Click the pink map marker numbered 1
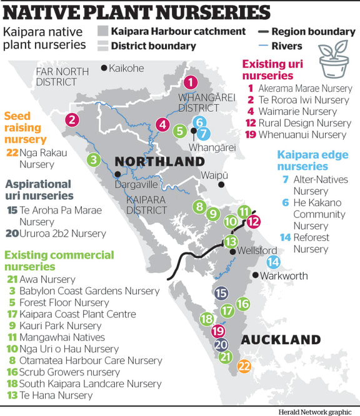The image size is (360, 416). pos(191,82)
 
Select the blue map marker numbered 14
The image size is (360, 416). pos(274,262)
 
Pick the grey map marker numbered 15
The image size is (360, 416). pos(221,293)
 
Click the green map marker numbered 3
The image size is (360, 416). pos(94,159)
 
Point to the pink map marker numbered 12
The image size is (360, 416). pos(253,220)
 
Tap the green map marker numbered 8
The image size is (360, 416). pos(200,207)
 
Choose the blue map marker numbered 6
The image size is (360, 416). pos(199,122)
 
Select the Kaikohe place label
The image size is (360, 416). pos(126,68)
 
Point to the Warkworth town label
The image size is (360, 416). pos(281,275)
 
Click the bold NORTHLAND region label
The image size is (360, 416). pos(159,161)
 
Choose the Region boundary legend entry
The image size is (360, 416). pos(306,31)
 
